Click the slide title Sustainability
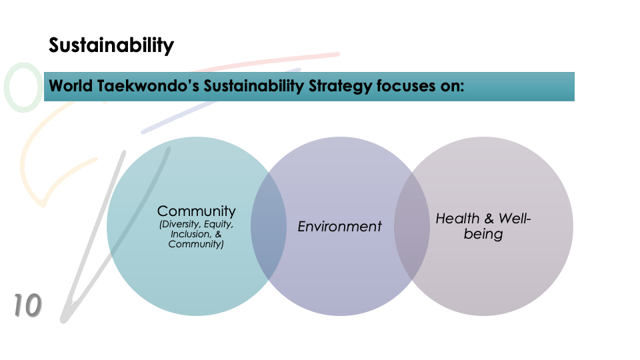click(111, 45)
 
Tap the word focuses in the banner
click(406, 86)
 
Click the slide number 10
click(27, 305)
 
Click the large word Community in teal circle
click(196, 211)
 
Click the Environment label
click(339, 226)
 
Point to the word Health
click(457, 219)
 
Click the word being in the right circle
click(483, 234)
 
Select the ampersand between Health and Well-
click(489, 219)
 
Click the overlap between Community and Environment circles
click(269, 226)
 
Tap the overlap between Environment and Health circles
click(412, 226)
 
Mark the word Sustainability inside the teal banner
click(253, 87)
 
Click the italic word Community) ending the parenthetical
click(196, 244)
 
